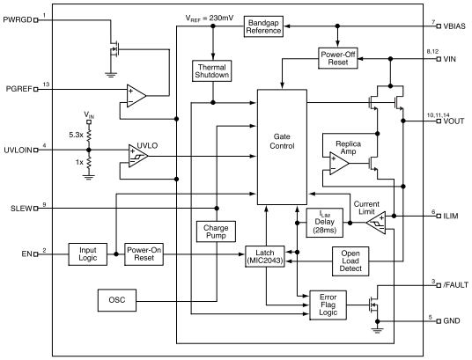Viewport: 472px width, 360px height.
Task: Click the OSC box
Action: pyautogui.click(x=118, y=300)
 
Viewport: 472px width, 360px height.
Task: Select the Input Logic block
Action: pyautogui.click(x=88, y=253)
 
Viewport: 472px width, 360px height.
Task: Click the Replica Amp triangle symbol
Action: pyautogui.click(x=336, y=163)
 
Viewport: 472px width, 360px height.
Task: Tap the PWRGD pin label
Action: pyautogui.click(x=18, y=21)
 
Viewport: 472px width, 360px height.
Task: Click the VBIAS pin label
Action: pyautogui.click(x=454, y=26)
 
